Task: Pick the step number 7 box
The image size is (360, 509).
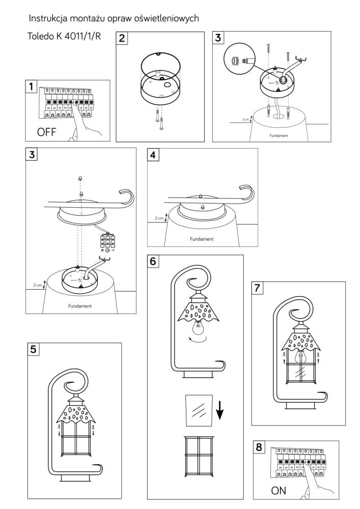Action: (259, 288)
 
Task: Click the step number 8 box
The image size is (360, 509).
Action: (260, 447)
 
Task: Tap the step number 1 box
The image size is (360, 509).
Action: (32, 87)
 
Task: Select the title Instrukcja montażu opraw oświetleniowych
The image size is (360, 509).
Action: (114, 18)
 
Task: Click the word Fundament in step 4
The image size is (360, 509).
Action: (202, 239)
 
